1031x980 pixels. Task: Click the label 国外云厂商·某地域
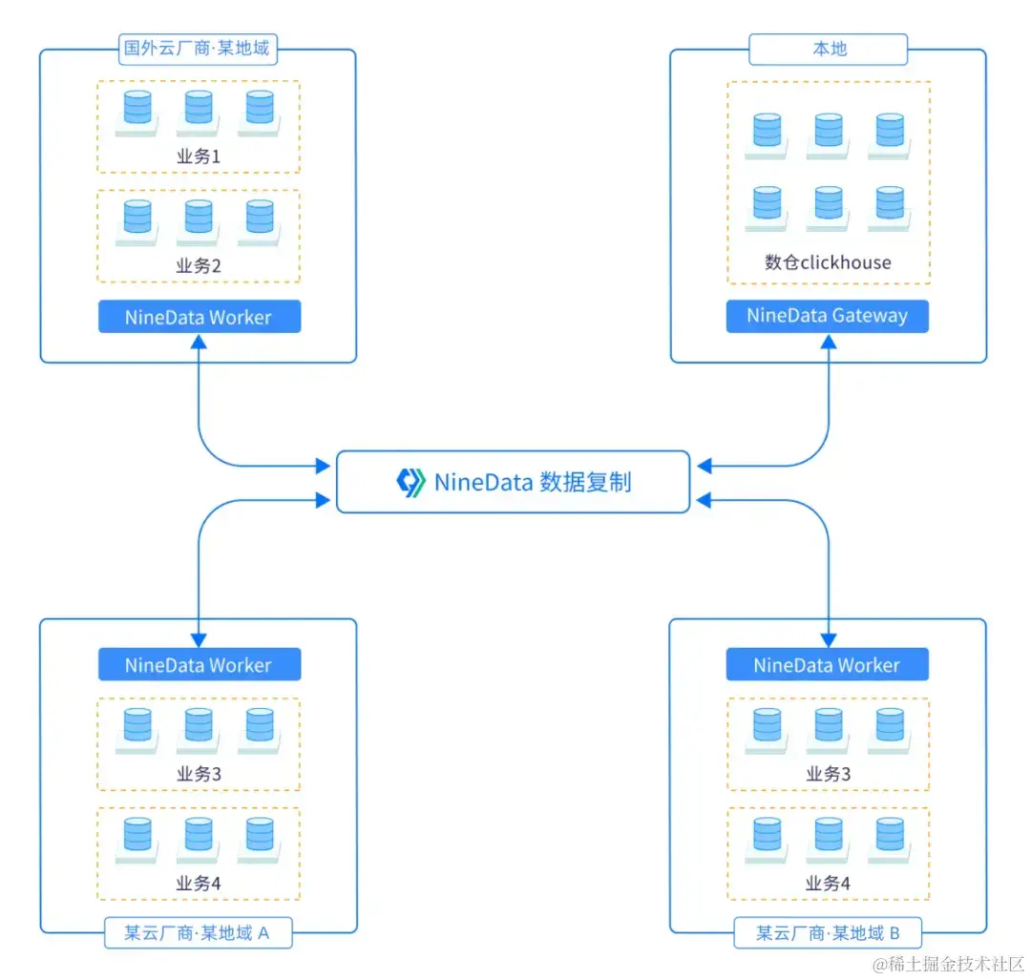coord(198,48)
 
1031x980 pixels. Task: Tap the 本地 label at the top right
coord(828,49)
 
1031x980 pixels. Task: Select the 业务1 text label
coord(199,156)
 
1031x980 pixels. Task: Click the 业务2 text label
coord(199,266)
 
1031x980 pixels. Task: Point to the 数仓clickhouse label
coord(828,262)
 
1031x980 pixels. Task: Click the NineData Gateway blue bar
coord(827,316)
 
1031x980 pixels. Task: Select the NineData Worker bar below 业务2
coord(199,318)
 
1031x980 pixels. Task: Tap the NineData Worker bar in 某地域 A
coord(199,665)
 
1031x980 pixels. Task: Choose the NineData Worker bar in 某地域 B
coord(827,665)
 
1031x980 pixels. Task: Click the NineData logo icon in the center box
coord(410,482)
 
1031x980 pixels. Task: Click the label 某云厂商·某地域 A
coord(198,932)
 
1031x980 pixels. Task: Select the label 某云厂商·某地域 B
coord(827,932)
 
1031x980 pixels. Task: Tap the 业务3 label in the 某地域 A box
coord(199,774)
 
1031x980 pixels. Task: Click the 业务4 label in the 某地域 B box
coord(828,884)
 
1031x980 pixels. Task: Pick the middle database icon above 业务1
coord(199,109)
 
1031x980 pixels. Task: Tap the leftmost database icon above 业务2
coord(137,218)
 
